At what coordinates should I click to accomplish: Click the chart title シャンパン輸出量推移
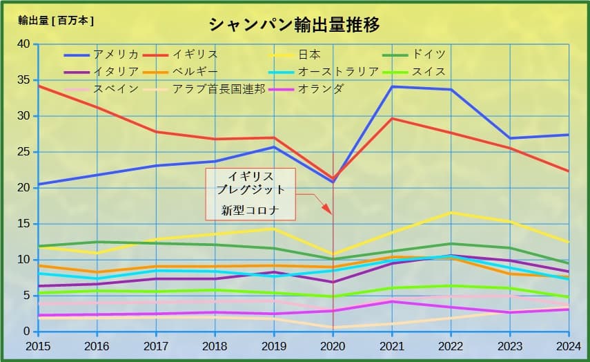[x=294, y=26]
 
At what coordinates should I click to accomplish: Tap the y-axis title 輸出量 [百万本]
[x=56, y=20]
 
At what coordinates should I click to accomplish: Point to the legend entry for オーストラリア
[x=339, y=72]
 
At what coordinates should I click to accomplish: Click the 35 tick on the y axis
[x=23, y=80]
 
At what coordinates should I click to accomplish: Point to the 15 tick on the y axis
[x=23, y=224]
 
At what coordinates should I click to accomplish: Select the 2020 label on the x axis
[x=333, y=346]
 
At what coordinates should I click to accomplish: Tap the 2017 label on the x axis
[x=156, y=346]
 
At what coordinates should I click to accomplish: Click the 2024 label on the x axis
[x=569, y=346]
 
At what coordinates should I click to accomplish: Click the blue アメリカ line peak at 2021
[x=392, y=86]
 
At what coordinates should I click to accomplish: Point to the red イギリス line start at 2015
[x=39, y=86]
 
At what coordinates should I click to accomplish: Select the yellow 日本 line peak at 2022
[x=451, y=212]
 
